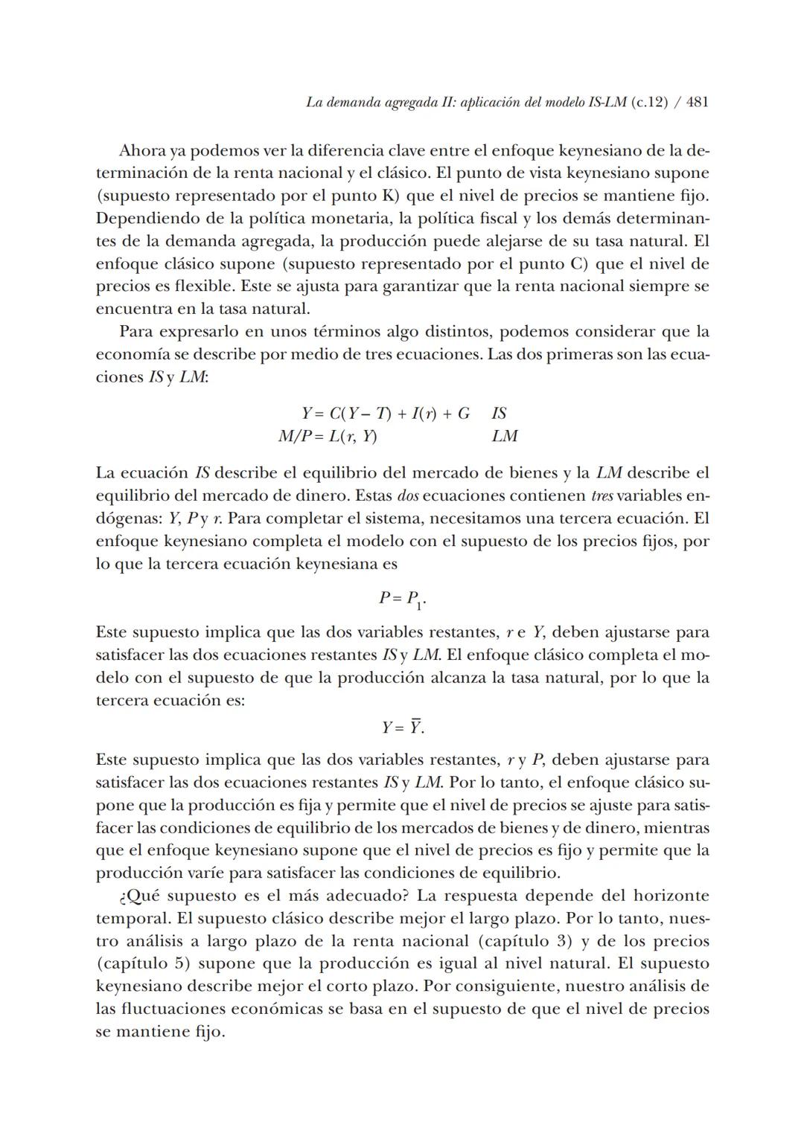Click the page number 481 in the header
[x=697, y=103]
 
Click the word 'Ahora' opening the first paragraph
[x=142, y=151]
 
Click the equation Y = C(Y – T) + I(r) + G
[x=385, y=414]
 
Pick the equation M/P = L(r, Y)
[x=328, y=436]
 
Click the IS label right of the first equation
[x=499, y=414]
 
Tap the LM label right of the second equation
[x=504, y=436]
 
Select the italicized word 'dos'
[x=406, y=495]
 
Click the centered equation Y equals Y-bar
[x=403, y=727]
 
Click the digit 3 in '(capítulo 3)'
[x=563, y=941]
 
